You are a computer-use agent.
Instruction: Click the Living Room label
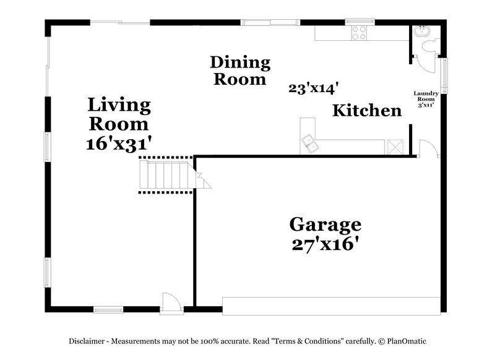click(119, 114)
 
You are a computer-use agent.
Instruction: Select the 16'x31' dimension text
click(119, 144)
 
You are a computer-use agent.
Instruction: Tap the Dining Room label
click(240, 71)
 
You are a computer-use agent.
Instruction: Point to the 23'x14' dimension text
click(312, 88)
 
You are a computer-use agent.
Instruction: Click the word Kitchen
click(367, 111)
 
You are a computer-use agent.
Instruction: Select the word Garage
click(325, 224)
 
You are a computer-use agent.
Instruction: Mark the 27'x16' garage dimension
click(325, 244)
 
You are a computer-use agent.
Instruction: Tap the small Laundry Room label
click(426, 99)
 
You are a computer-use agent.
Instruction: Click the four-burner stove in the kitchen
click(359, 33)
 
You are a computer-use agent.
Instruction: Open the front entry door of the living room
click(170, 302)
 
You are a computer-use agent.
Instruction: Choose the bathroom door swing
click(424, 61)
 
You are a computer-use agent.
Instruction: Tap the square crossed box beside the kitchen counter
click(395, 146)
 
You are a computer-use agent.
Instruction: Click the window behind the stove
click(358, 22)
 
